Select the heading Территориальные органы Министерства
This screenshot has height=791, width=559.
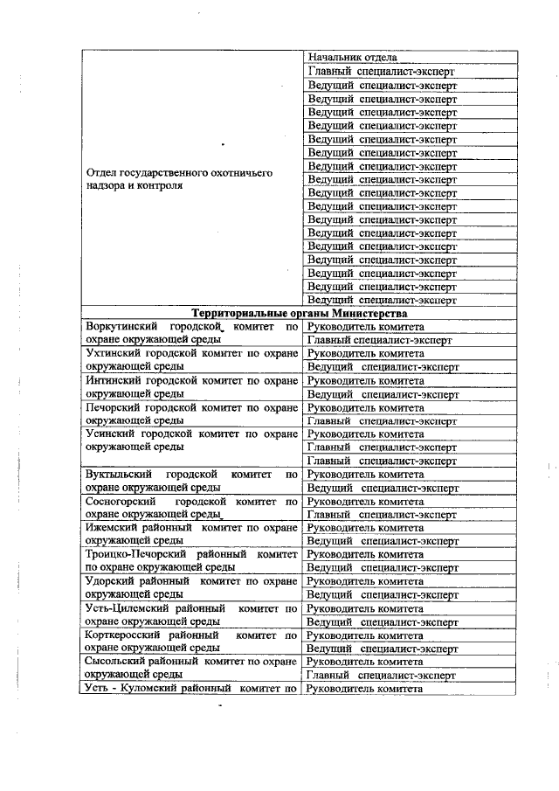pos(300,313)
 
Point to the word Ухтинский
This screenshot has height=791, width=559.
pos(111,354)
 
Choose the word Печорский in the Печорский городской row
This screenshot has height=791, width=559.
pos(111,407)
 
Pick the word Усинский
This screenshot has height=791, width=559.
pos(108,434)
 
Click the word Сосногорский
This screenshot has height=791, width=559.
pos(120,502)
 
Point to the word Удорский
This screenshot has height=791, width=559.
pos(108,581)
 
